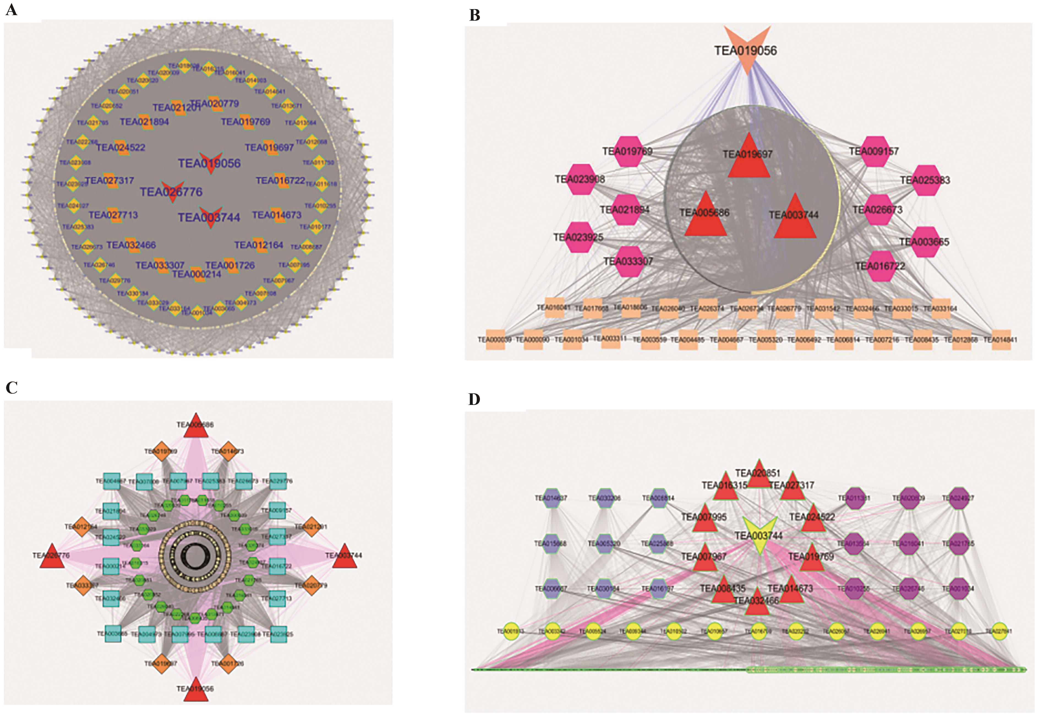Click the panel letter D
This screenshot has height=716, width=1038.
pyautogui.click(x=474, y=399)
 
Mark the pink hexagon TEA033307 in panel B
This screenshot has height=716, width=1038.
pyautogui.click(x=629, y=261)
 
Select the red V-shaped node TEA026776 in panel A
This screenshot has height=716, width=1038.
pyautogui.click(x=172, y=191)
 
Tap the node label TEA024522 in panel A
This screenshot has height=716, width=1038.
pyautogui.click(x=121, y=148)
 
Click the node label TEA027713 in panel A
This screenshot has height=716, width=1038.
pyautogui.click(x=113, y=215)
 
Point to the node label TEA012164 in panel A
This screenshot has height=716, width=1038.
pyautogui.click(x=259, y=245)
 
